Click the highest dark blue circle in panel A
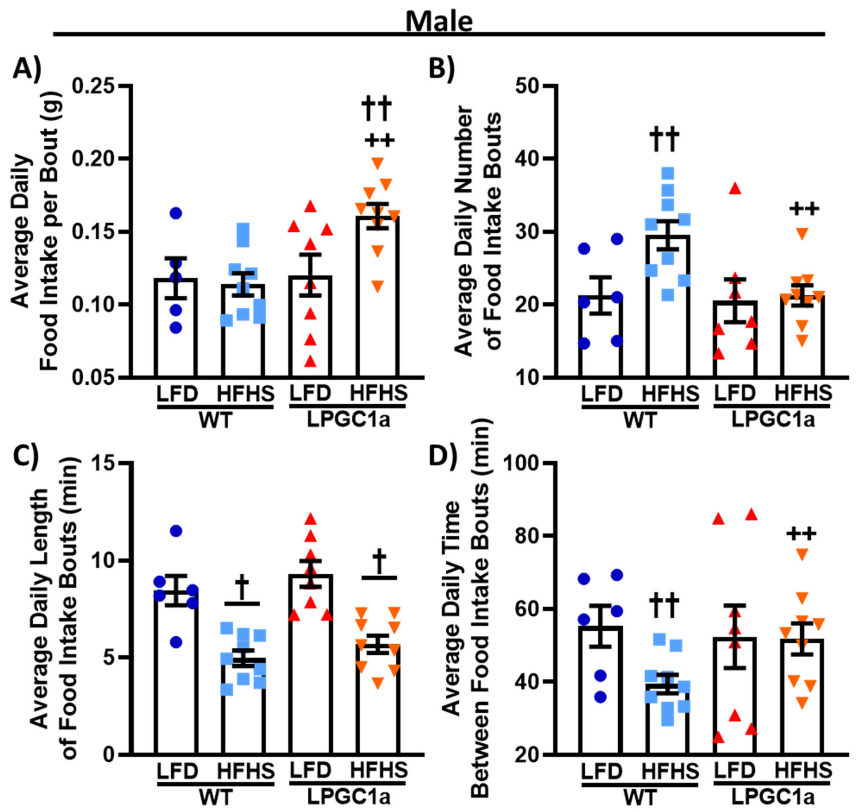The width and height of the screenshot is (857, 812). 176,213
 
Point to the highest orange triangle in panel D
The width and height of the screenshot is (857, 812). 802,554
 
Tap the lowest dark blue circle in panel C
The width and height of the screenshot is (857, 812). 176,642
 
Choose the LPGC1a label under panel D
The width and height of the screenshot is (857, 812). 773,797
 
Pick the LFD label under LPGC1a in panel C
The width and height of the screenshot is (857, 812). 310,770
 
